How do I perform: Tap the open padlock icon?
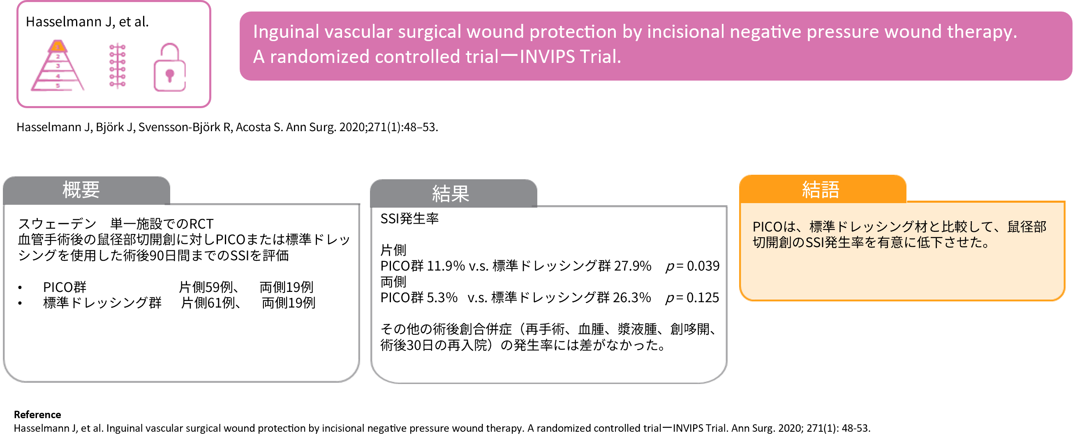169,67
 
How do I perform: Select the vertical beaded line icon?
117,66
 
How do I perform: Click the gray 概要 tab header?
86,190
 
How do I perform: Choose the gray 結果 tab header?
453,193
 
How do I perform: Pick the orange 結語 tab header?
823,189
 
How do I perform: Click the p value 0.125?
692,298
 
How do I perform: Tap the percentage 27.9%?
633,266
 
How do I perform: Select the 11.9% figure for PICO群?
446,266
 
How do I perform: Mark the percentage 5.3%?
442,298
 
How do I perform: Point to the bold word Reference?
37,414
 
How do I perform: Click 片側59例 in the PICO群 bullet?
206,287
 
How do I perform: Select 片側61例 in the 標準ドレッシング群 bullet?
208,303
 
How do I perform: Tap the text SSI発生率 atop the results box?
409,218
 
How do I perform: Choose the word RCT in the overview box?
201,224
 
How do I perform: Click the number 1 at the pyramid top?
58,47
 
